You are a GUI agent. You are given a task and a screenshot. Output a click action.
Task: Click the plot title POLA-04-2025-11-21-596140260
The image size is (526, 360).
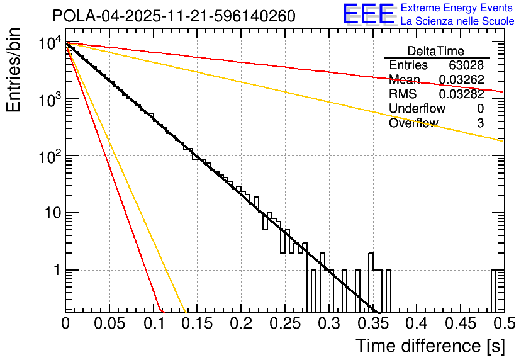click(x=173, y=16)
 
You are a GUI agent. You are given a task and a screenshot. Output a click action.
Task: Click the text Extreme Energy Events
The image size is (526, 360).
click(x=457, y=8)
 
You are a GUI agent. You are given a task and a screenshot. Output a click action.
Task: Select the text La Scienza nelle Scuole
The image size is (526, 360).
click(x=457, y=21)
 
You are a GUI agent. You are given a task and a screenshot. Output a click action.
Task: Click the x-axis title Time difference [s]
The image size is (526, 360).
click(x=429, y=346)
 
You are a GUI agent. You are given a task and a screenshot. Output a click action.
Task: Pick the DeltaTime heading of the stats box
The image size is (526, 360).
click(x=436, y=51)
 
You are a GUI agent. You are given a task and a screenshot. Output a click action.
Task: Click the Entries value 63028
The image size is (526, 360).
click(x=466, y=65)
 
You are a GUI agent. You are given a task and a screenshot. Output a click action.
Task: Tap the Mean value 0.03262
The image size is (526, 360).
click(x=461, y=80)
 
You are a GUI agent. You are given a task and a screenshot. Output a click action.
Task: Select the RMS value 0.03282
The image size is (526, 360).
click(x=461, y=94)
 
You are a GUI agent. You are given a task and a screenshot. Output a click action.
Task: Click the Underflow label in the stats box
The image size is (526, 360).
click(x=417, y=109)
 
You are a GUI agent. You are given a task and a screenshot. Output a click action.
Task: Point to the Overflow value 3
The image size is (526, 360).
click(x=480, y=123)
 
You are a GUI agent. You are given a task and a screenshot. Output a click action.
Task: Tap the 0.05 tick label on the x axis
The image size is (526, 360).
click(x=109, y=324)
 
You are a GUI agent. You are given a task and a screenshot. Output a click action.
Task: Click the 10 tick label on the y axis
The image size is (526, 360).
click(x=50, y=213)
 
